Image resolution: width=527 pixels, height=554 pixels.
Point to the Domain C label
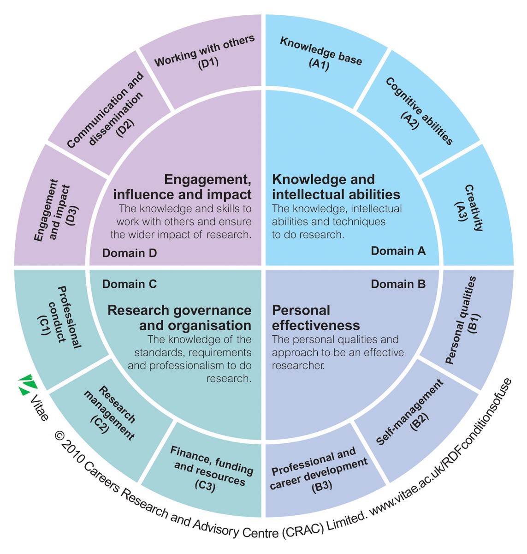point(130,284)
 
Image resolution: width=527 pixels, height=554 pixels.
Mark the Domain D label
point(130,253)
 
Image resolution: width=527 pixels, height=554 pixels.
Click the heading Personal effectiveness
point(316,317)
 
